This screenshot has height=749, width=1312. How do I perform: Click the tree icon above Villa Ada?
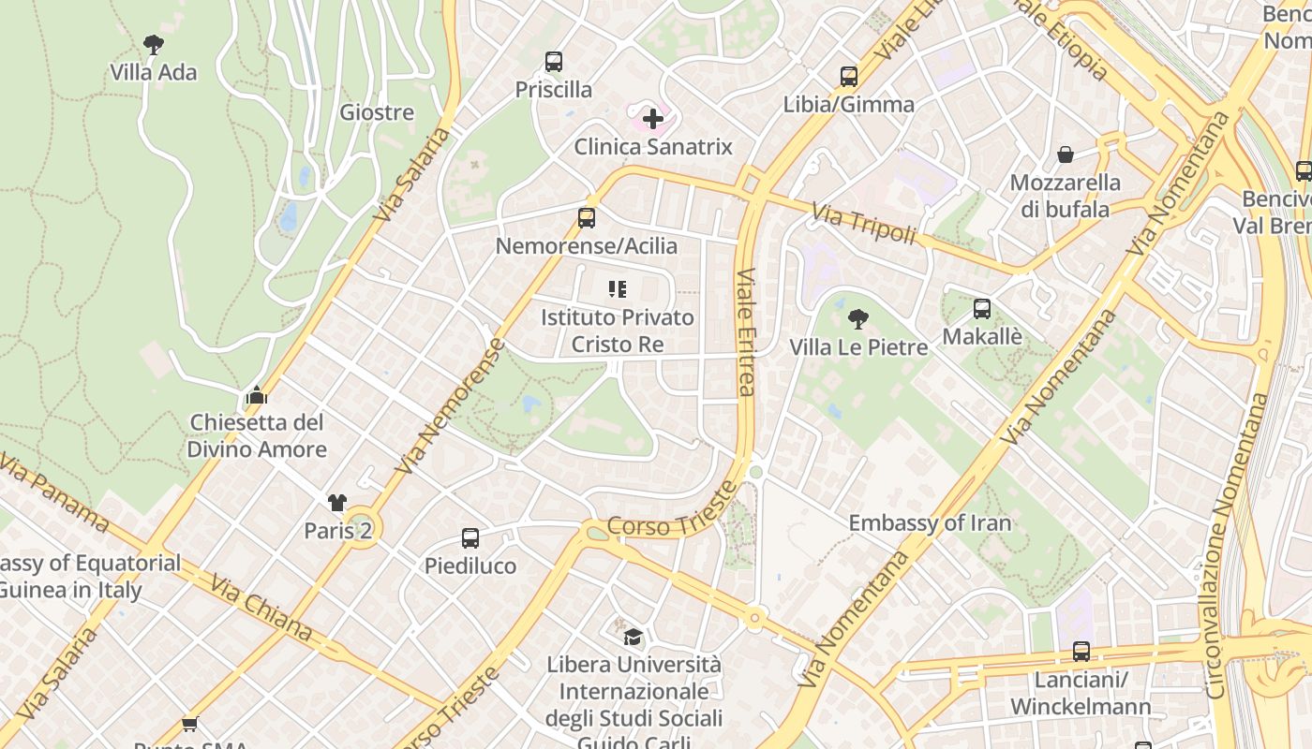(154, 44)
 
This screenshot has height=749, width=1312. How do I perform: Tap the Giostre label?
(377, 112)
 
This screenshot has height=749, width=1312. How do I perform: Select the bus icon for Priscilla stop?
(554, 62)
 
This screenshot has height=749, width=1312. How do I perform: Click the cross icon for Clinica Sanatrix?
(653, 119)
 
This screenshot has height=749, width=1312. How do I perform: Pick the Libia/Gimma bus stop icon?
(849, 77)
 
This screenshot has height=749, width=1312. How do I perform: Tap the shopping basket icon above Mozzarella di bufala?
(1066, 154)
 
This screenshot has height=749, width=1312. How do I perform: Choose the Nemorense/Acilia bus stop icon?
(587, 218)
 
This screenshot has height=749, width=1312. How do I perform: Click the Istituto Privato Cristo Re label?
(618, 330)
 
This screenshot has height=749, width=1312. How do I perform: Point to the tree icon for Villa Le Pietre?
(857, 319)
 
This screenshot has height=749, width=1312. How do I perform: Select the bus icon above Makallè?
(982, 309)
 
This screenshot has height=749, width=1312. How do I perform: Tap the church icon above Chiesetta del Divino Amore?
(257, 395)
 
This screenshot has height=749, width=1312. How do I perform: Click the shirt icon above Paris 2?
(337, 503)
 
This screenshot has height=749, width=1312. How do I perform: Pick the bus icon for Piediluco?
(470, 538)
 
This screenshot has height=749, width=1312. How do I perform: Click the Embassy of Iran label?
(930, 522)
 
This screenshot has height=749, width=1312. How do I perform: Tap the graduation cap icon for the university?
(634, 638)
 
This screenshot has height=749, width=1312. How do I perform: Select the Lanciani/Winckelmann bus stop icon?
(1081, 652)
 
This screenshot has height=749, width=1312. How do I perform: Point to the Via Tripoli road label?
(863, 225)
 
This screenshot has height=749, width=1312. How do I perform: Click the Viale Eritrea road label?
(746, 332)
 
